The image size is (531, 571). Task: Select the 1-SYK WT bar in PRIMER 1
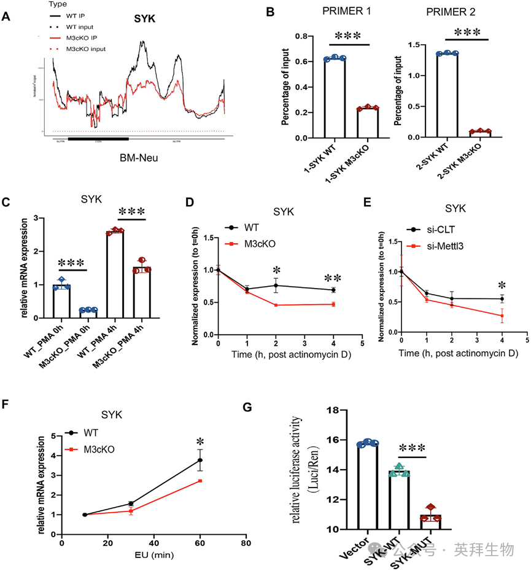(x=335, y=98)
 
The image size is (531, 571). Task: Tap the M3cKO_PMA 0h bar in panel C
(x=88, y=314)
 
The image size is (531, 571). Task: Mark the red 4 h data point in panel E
(x=502, y=316)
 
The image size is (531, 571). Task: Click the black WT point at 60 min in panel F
(x=200, y=459)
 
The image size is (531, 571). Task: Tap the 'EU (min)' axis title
(x=153, y=559)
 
